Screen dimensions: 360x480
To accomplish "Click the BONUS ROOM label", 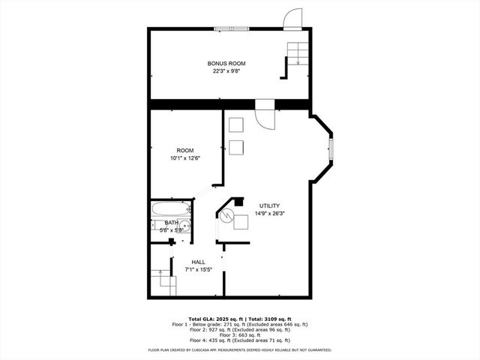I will tap(226, 64).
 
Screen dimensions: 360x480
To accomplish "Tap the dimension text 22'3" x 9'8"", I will tap(226, 72).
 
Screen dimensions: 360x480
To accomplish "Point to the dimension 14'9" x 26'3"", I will tap(269, 213).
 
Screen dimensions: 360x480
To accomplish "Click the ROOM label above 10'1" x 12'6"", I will tap(184, 149).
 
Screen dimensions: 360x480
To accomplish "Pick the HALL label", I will tap(198, 262).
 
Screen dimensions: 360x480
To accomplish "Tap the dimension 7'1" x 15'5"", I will tap(198, 269).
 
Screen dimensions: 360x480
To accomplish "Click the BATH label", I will tap(172, 223).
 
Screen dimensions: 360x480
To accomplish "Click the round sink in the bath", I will tap(186, 224).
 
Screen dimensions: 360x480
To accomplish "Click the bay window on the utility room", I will tap(331, 149).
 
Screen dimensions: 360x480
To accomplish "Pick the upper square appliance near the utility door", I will tap(236, 125).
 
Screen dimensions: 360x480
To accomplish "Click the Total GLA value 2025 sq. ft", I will tap(232, 319).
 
